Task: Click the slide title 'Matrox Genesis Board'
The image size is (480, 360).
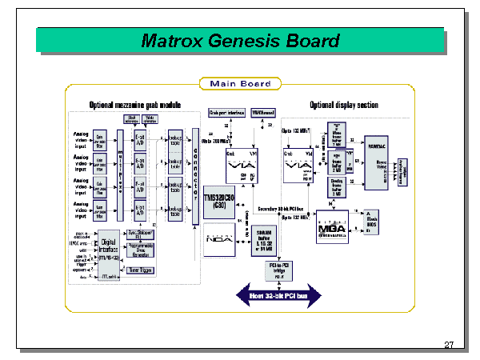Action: pyautogui.click(x=240, y=41)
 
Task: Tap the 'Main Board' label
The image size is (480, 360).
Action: pyautogui.click(x=240, y=84)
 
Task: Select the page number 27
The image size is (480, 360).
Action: pyautogui.click(x=449, y=345)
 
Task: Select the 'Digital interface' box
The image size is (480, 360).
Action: pyautogui.click(x=109, y=254)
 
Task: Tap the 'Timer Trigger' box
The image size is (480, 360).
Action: pyautogui.click(x=141, y=270)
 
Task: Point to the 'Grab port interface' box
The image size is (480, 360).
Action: pyautogui.click(x=224, y=112)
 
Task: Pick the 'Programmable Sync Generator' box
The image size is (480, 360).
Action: pyautogui.click(x=141, y=251)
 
